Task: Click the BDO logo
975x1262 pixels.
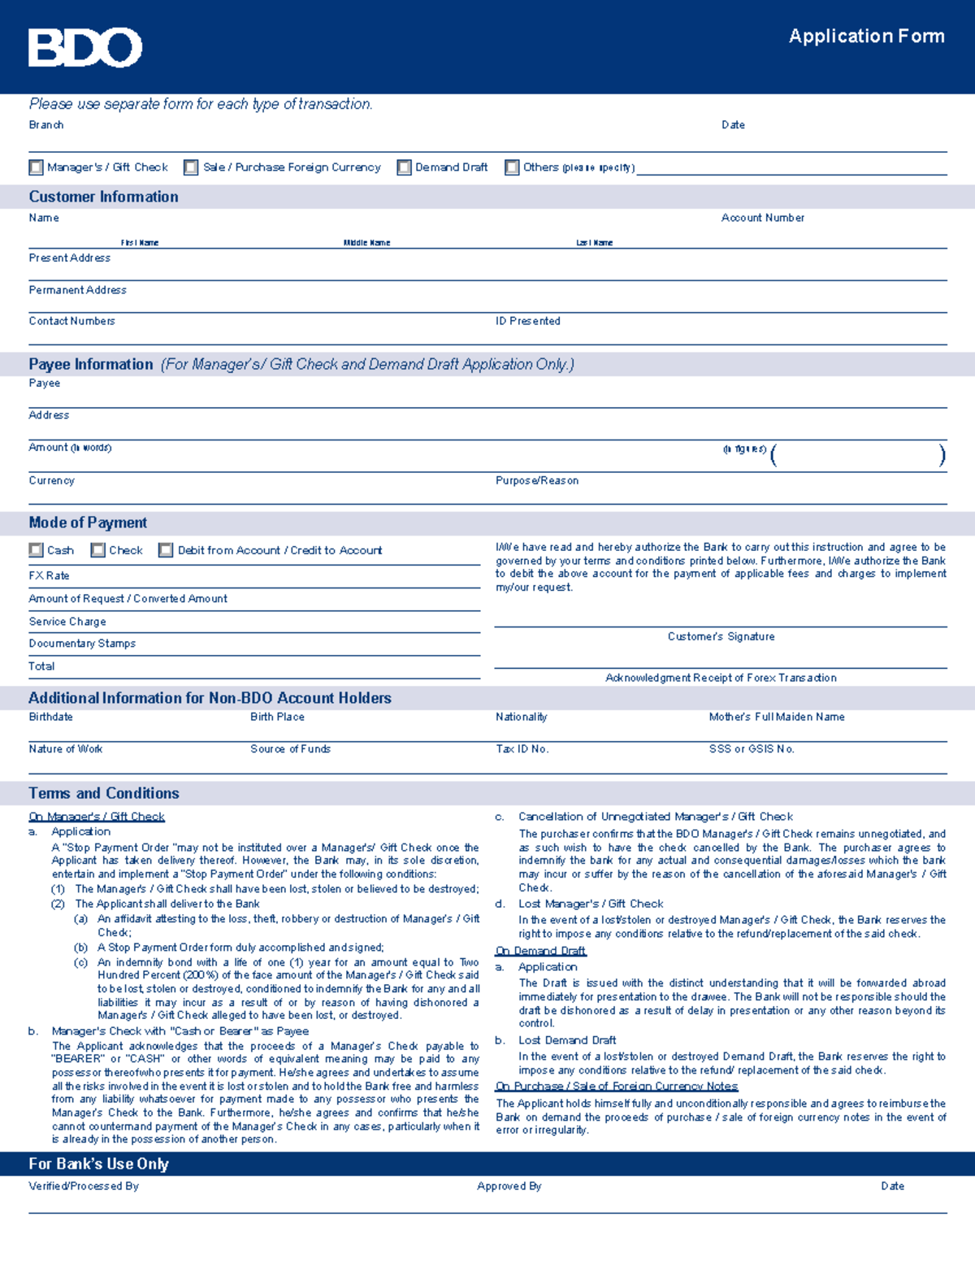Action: tap(85, 47)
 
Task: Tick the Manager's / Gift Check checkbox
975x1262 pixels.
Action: tap(36, 167)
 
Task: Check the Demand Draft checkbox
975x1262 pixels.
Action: tap(404, 167)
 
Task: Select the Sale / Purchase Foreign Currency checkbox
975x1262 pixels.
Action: tap(191, 167)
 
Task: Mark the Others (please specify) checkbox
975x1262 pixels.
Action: tap(512, 167)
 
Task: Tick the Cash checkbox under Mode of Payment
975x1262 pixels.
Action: tap(36, 550)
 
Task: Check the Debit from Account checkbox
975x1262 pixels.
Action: tap(166, 550)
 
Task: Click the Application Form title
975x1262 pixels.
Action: tap(866, 37)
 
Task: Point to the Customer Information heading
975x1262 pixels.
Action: tap(104, 197)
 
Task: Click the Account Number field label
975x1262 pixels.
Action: tap(762, 218)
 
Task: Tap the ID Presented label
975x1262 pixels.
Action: tap(527, 321)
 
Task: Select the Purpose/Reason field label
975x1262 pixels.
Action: tap(536, 480)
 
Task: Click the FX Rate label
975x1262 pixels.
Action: tap(49, 575)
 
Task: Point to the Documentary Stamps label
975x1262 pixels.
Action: tap(82, 644)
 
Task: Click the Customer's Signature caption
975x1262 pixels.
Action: tap(721, 636)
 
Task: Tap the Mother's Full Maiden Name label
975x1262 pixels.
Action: tap(776, 717)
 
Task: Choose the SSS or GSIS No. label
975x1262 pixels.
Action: tap(751, 749)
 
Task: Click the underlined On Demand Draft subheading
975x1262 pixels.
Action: tap(540, 951)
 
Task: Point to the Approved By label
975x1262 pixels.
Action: tap(509, 1186)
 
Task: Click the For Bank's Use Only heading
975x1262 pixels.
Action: tap(98, 1164)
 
